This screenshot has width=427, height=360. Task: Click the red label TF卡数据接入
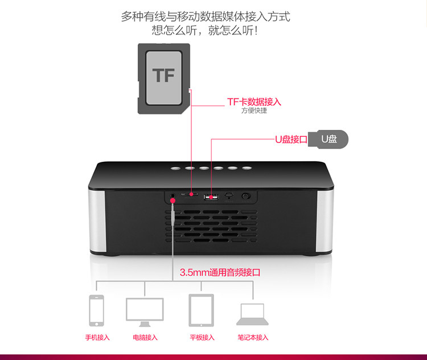click(254, 102)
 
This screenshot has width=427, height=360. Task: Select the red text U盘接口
click(291, 139)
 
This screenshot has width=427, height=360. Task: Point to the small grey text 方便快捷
click(254, 111)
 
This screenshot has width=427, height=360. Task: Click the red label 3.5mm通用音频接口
click(220, 272)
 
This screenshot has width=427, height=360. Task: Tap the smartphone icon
click(96, 310)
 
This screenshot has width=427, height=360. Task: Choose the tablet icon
click(202, 310)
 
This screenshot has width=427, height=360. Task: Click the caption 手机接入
click(97, 337)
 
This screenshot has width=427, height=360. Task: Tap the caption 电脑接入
click(145, 337)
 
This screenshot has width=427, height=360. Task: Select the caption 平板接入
click(202, 337)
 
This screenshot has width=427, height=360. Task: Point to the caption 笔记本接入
click(253, 337)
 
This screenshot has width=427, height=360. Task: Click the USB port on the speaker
click(211, 197)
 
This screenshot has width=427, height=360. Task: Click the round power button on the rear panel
click(246, 196)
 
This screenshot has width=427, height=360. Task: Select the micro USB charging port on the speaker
click(228, 197)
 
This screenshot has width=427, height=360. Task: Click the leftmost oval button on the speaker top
click(175, 168)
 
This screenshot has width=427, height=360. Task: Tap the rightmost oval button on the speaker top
click(247, 167)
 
